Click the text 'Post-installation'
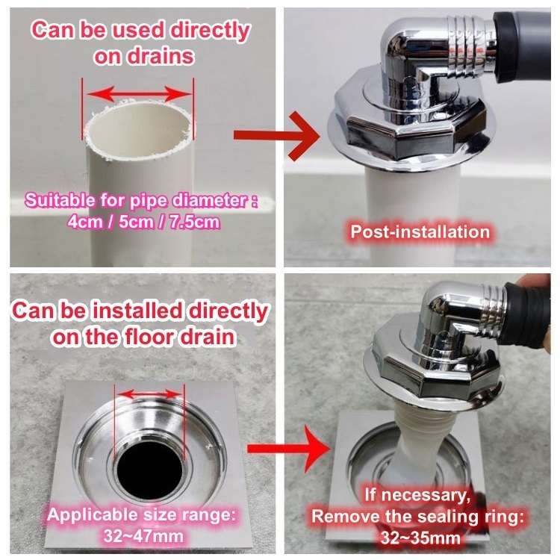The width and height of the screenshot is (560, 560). click(x=420, y=231)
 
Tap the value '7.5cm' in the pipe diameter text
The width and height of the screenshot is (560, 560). click(x=194, y=223)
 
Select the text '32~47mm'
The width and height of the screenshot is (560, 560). click(x=143, y=536)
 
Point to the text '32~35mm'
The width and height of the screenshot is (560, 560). click(x=420, y=538)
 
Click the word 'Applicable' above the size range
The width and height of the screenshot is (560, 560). click(x=93, y=514)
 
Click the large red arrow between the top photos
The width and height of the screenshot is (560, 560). click(x=276, y=135)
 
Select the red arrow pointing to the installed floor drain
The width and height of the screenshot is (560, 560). click(x=288, y=448)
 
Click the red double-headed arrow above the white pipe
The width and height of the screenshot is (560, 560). click(x=139, y=94)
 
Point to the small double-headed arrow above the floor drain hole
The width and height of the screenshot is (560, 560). click(x=149, y=394)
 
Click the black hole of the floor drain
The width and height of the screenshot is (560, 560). click(x=149, y=470)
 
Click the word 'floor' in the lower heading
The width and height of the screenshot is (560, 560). click(x=149, y=337)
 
